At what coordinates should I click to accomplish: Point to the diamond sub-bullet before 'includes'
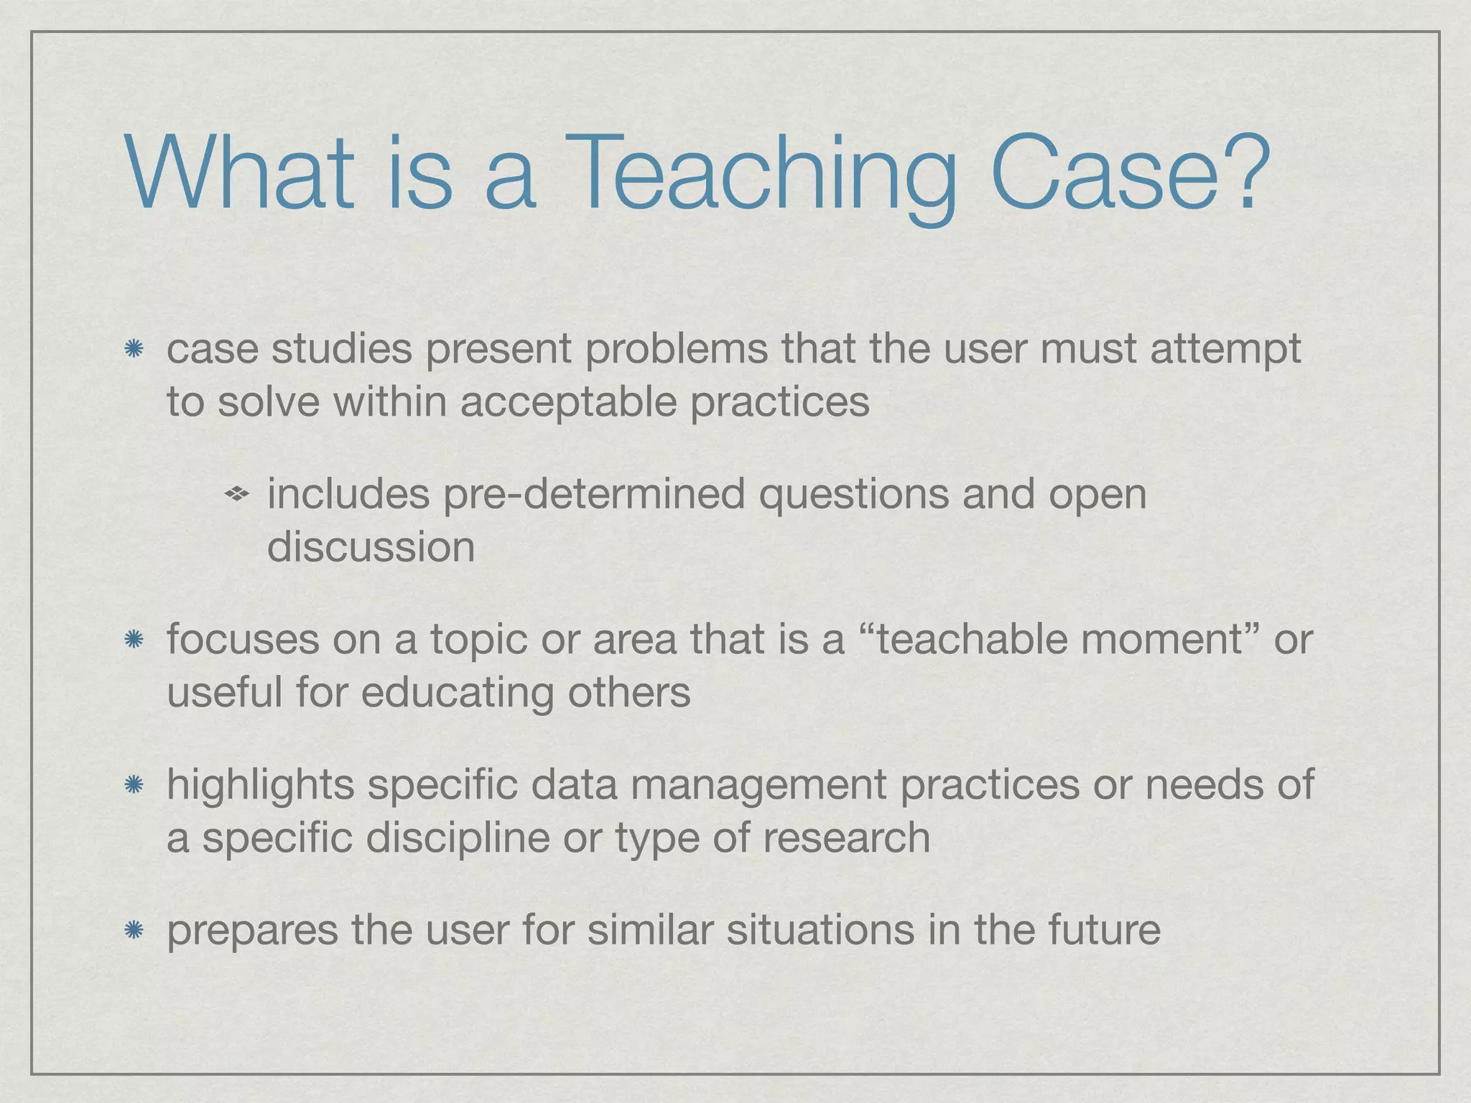point(236,494)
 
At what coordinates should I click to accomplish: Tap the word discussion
point(371,548)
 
